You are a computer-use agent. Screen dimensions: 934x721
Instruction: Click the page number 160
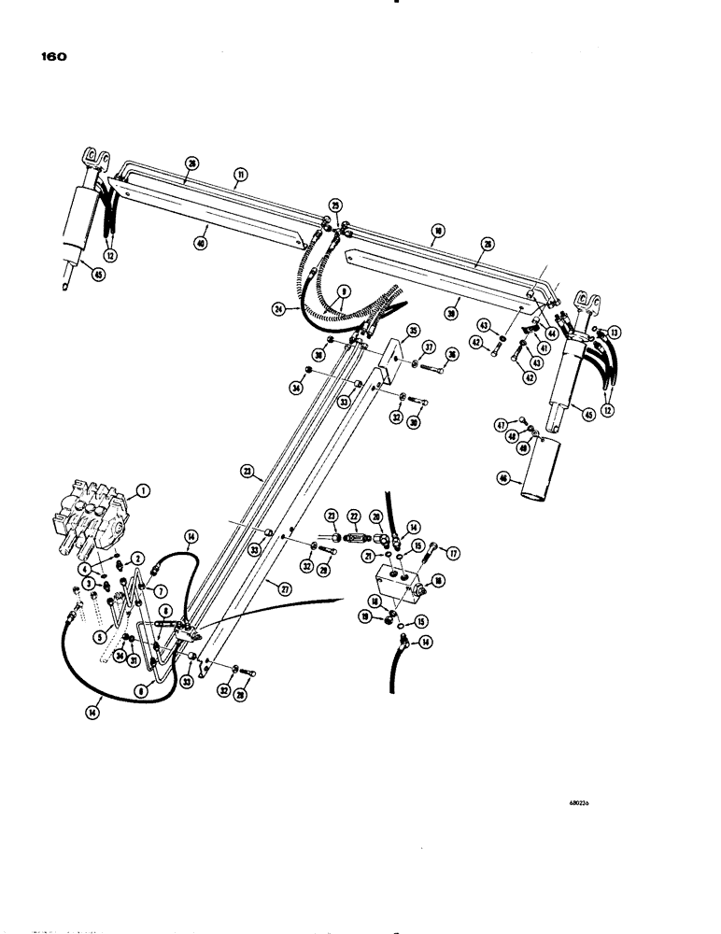tap(53, 57)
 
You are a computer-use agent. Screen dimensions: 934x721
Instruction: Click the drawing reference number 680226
tap(584, 801)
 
